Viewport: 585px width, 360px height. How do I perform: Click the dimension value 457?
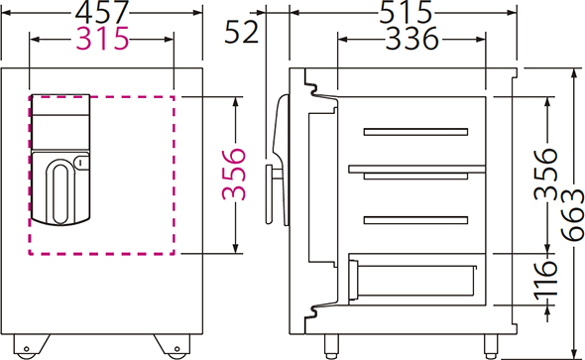click(102, 12)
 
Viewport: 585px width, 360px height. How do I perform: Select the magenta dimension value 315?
click(102, 39)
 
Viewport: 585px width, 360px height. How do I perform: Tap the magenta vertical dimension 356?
click(234, 175)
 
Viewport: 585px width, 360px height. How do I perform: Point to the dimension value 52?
click(241, 32)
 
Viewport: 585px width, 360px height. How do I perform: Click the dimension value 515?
click(406, 12)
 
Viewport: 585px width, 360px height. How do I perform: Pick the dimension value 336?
click(411, 39)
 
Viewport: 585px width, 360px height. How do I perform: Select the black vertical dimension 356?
click(545, 175)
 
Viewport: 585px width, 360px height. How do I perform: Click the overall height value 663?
click(572, 215)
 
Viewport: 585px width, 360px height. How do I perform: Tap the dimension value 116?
click(545, 281)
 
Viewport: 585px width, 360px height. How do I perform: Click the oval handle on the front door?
click(60, 191)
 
